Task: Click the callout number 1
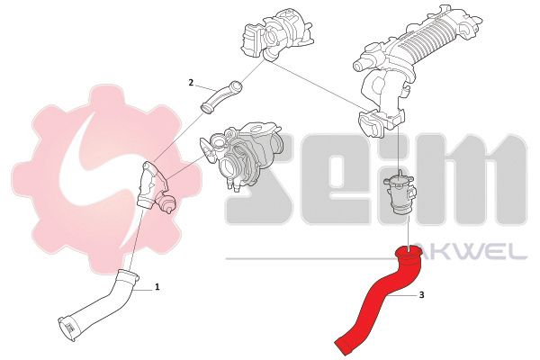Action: (x=157, y=286)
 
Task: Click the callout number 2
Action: (x=191, y=82)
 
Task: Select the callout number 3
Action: (x=422, y=295)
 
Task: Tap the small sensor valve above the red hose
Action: (x=399, y=194)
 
